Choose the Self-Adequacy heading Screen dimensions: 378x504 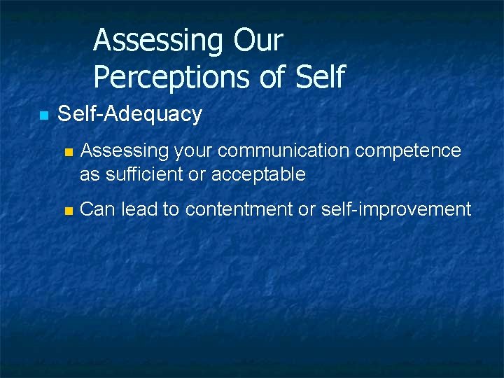click(129, 114)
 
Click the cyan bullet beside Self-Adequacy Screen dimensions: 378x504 click(43, 115)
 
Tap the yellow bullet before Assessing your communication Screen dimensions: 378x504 click(67, 152)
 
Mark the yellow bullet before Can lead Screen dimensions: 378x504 click(67, 210)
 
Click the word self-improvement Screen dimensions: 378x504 click(395, 209)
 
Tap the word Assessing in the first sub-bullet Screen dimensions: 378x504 click(125, 151)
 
